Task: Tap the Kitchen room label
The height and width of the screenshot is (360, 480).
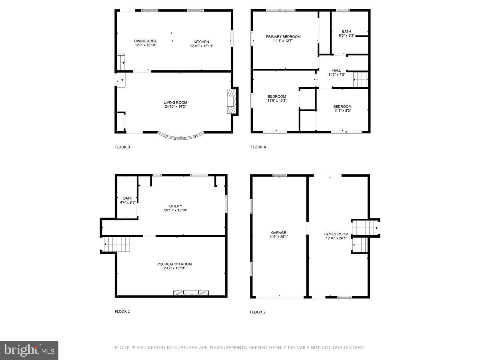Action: pos(201,42)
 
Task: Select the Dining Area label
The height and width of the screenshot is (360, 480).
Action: pos(145,41)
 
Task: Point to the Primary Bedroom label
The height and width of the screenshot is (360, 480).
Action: pos(283,37)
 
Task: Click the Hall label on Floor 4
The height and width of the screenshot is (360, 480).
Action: pos(336,70)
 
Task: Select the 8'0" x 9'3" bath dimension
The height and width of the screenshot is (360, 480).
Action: pos(346,36)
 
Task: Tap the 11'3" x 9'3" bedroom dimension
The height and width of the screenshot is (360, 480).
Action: pos(342,110)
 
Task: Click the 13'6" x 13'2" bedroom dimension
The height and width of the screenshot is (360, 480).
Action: pos(277,100)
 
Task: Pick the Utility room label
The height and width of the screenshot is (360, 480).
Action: pos(175,206)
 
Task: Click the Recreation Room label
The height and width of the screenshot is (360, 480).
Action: pos(174,264)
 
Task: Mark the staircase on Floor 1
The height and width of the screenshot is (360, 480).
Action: pos(117,244)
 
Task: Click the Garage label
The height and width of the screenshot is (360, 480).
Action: pos(278,232)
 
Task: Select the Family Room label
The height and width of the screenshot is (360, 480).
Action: pos(336,234)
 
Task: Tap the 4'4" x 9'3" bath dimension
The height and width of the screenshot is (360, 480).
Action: pos(128,202)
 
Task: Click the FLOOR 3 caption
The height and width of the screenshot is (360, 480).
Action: pos(122,147)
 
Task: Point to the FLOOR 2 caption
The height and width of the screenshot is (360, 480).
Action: pos(258,312)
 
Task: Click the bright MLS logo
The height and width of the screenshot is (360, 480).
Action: pos(29,350)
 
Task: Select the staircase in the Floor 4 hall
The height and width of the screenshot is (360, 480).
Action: pos(360,80)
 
